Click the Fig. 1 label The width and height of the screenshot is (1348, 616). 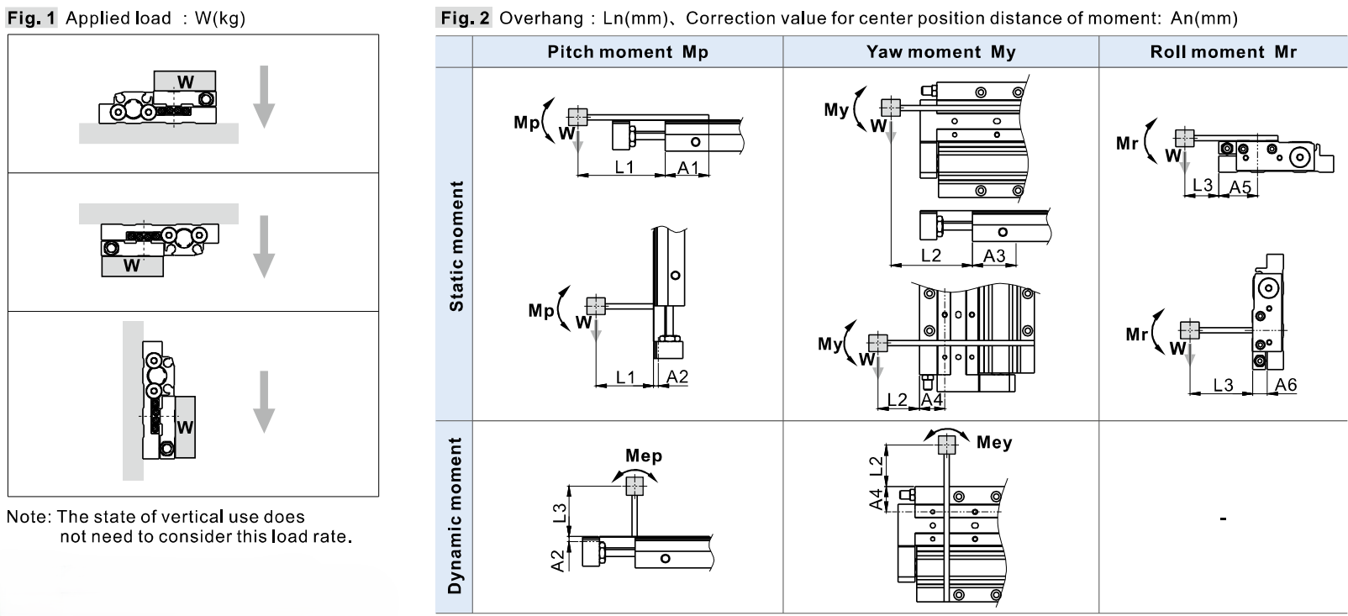[31, 18]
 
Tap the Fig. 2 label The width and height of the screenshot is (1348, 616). [463, 18]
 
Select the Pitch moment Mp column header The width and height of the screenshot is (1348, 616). [628, 52]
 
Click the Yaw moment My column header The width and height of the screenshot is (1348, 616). [941, 52]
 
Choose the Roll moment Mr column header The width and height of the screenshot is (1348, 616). [1223, 52]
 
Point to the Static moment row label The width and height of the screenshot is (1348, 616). [456, 246]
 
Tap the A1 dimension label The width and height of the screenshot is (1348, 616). [687, 167]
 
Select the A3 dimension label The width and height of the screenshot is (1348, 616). [994, 255]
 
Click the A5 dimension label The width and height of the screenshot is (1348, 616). [1240, 187]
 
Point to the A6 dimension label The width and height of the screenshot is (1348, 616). [1286, 384]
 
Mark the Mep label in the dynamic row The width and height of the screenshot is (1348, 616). [643, 455]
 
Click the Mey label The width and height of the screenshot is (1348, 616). [994, 442]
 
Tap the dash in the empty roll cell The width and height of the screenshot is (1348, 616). [1223, 518]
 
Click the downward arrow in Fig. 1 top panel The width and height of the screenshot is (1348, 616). [264, 97]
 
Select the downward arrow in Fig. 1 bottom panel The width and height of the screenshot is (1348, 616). [264, 402]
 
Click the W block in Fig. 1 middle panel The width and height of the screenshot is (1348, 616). [133, 266]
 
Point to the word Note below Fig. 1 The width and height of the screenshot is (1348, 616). [29, 517]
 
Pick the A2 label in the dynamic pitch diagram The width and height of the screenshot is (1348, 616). [559, 560]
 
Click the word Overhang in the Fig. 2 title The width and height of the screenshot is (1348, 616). [541, 18]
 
